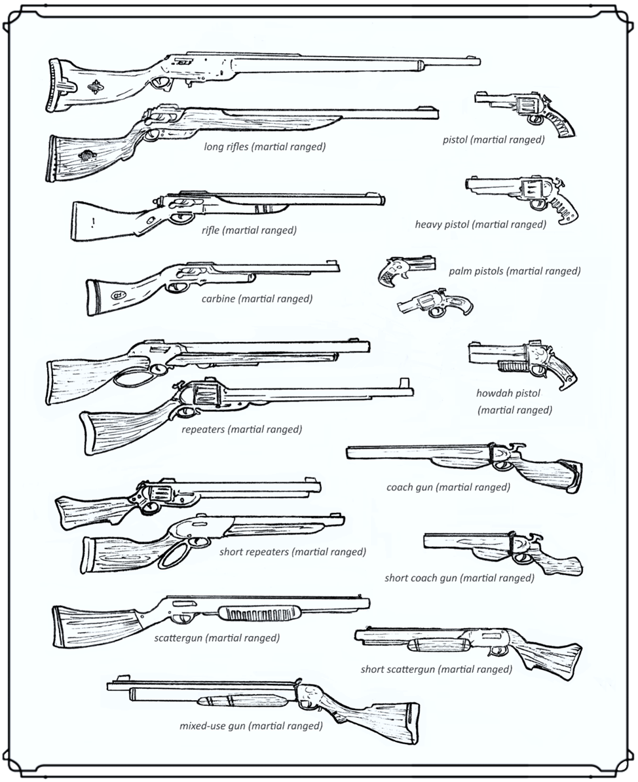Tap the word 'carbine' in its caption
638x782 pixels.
click(217, 299)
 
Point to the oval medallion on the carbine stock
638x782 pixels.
click(119, 295)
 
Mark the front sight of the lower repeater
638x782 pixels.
click(403, 383)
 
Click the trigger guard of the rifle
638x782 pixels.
click(177, 217)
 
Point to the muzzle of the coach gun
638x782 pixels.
click(349, 453)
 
